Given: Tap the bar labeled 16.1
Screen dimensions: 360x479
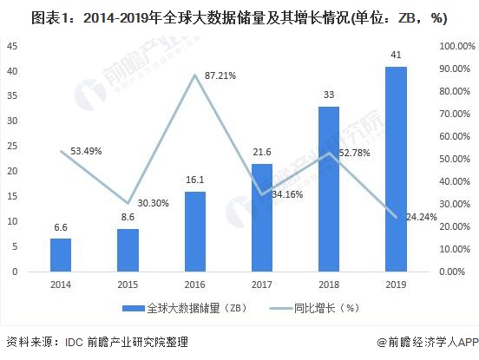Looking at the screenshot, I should pos(194,231).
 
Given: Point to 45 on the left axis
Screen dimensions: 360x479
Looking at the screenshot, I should pos(13,45).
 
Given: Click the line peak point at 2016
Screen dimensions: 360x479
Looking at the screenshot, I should pos(194,75).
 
